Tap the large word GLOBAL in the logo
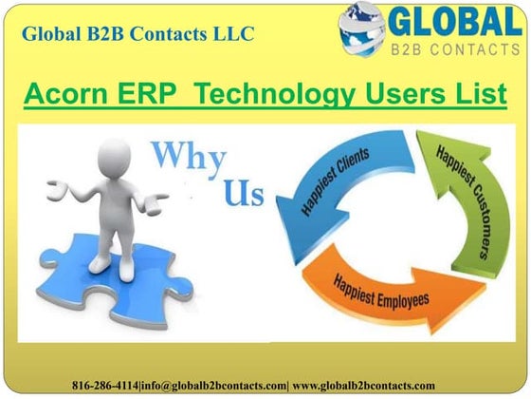click(453, 22)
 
